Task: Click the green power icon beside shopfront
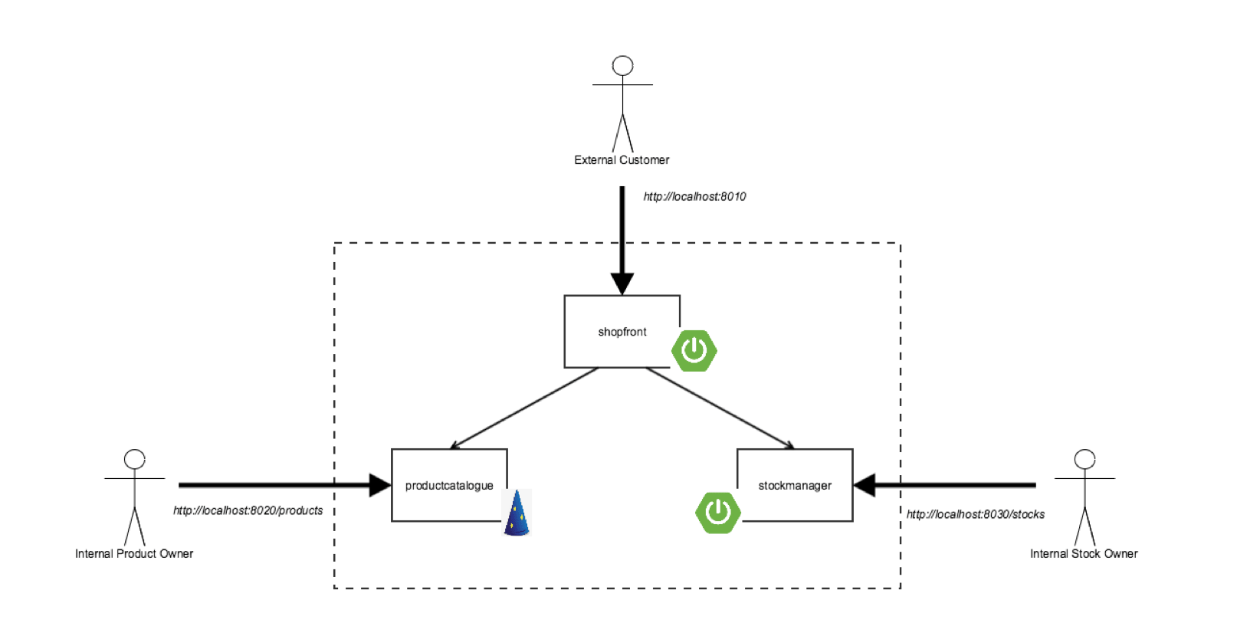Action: click(694, 351)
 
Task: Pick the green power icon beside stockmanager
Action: click(718, 513)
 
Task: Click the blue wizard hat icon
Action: click(517, 513)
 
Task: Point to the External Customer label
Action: click(622, 160)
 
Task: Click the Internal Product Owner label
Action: click(134, 554)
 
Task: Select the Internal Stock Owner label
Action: click(1084, 554)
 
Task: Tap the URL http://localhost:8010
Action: click(694, 196)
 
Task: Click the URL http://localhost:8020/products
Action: click(248, 510)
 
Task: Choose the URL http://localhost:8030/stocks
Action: click(976, 514)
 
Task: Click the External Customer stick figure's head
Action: click(622, 66)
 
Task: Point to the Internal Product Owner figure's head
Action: click(134, 459)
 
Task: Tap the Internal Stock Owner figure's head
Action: click(1084, 459)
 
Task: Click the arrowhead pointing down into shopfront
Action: click(622, 284)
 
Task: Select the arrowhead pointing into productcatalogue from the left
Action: click(380, 485)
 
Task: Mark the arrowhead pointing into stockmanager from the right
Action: click(865, 485)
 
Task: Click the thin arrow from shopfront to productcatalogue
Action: click(524, 408)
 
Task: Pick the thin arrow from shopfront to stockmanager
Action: click(720, 408)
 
